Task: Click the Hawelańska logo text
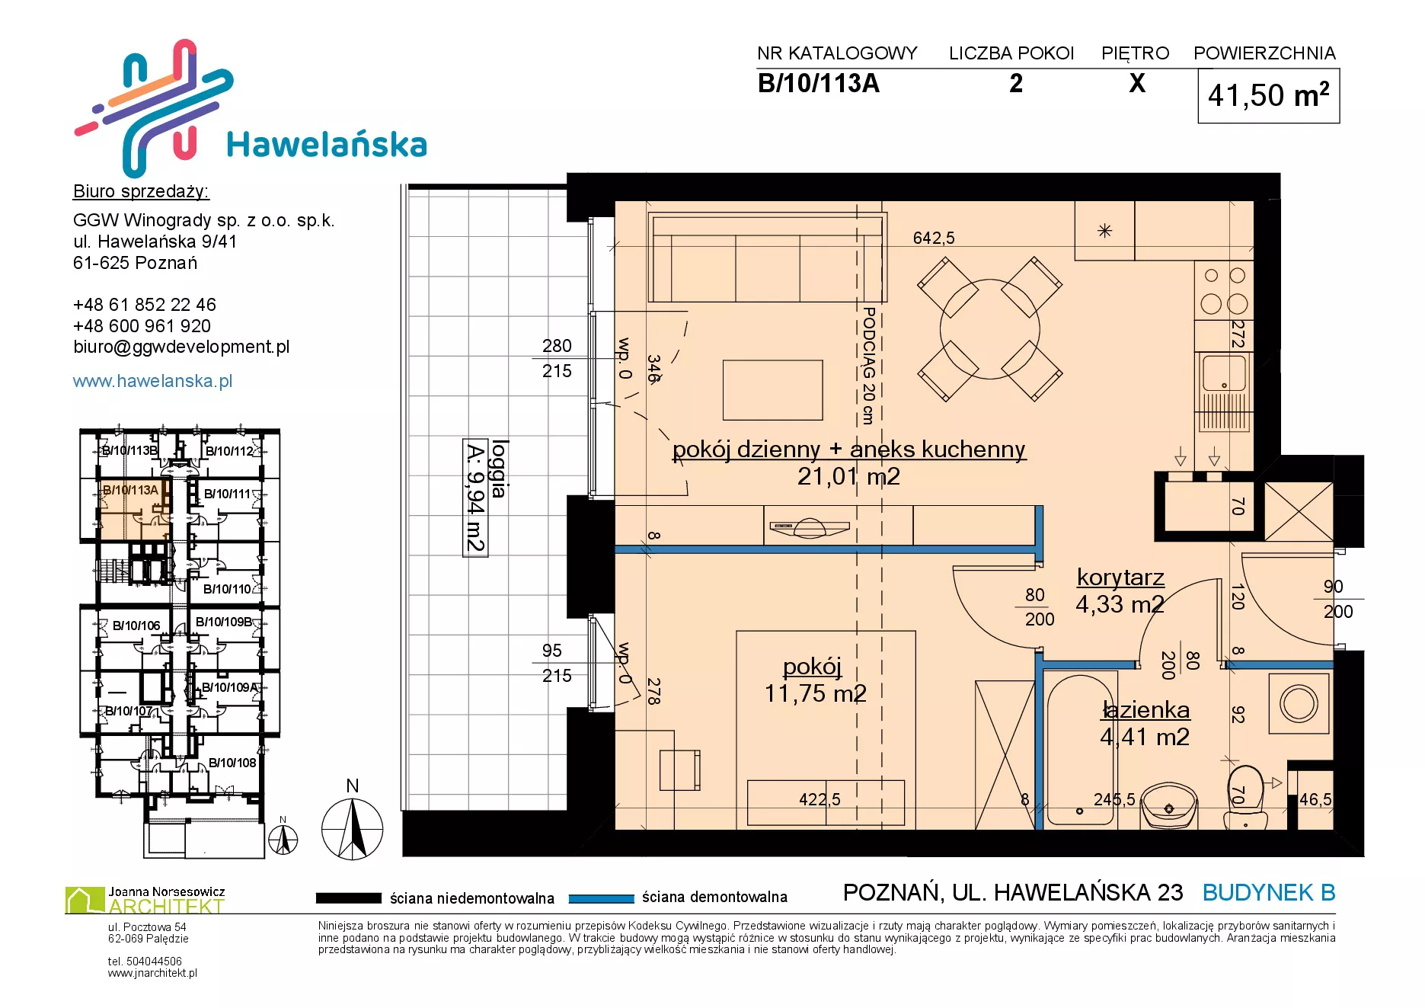[x=327, y=144]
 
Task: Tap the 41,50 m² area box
[x=1268, y=96]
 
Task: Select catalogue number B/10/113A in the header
[x=818, y=83]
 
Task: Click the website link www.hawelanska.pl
[x=152, y=381]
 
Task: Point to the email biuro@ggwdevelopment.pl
[x=181, y=347]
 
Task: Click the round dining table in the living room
[x=989, y=329]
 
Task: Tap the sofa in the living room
[x=768, y=258]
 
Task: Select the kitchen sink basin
[x=1224, y=373]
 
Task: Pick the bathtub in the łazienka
[x=1079, y=750]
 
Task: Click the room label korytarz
[x=1120, y=578]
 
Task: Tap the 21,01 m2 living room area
[x=848, y=476]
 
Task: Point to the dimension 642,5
[x=934, y=238]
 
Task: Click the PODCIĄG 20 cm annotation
[x=868, y=365]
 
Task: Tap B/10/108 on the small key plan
[x=232, y=763]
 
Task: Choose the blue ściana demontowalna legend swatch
[x=601, y=898]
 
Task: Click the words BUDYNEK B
[x=1269, y=892]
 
